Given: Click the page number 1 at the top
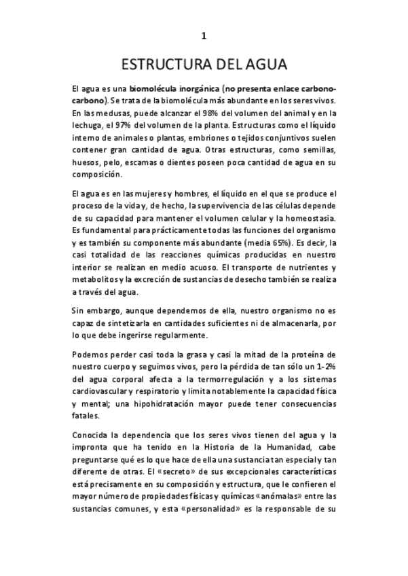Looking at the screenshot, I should point(204,36).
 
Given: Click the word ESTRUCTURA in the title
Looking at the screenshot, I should point(162,65).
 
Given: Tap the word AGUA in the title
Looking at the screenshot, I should point(265,65).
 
